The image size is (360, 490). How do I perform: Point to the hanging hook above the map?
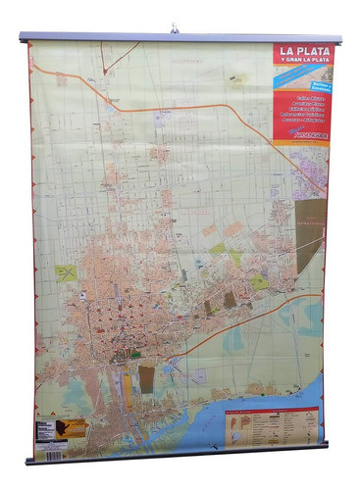[x=175, y=29]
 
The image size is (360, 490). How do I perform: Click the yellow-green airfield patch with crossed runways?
[x=66, y=272]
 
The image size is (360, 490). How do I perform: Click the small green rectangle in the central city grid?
[x=136, y=354]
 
